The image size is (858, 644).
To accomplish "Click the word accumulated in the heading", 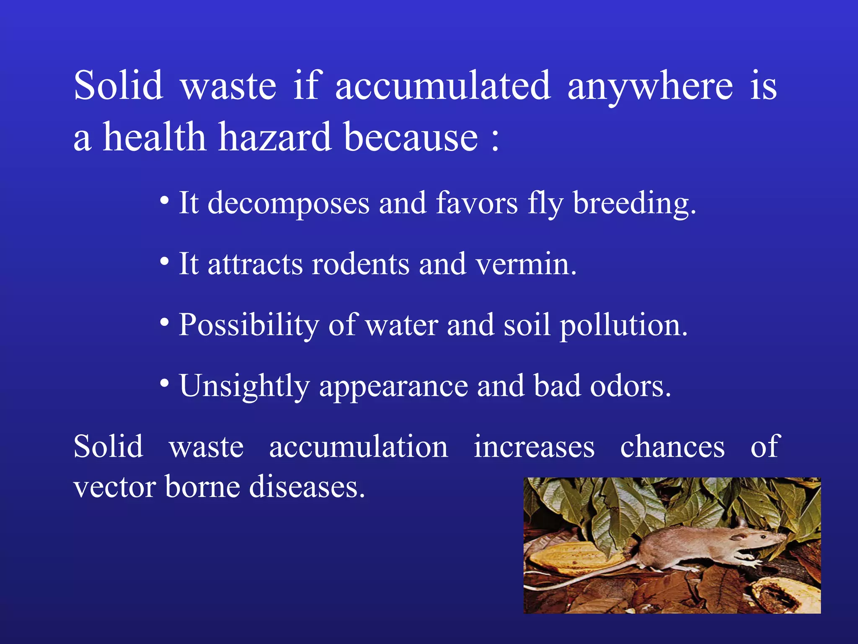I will [442, 86].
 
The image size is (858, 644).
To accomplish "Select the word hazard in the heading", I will [274, 137].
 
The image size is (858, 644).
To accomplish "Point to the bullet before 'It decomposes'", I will [165, 201].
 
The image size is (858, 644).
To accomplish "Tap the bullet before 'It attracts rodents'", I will [165, 262].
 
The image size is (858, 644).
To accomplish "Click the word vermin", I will [526, 265].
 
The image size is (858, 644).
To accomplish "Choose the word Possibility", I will [249, 326].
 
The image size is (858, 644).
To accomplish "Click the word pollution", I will [623, 326].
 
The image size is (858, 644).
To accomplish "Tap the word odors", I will [630, 386].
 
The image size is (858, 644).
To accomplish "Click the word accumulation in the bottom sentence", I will [358, 447].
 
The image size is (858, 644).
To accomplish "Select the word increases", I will [534, 447].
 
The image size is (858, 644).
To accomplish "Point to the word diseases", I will [307, 487].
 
